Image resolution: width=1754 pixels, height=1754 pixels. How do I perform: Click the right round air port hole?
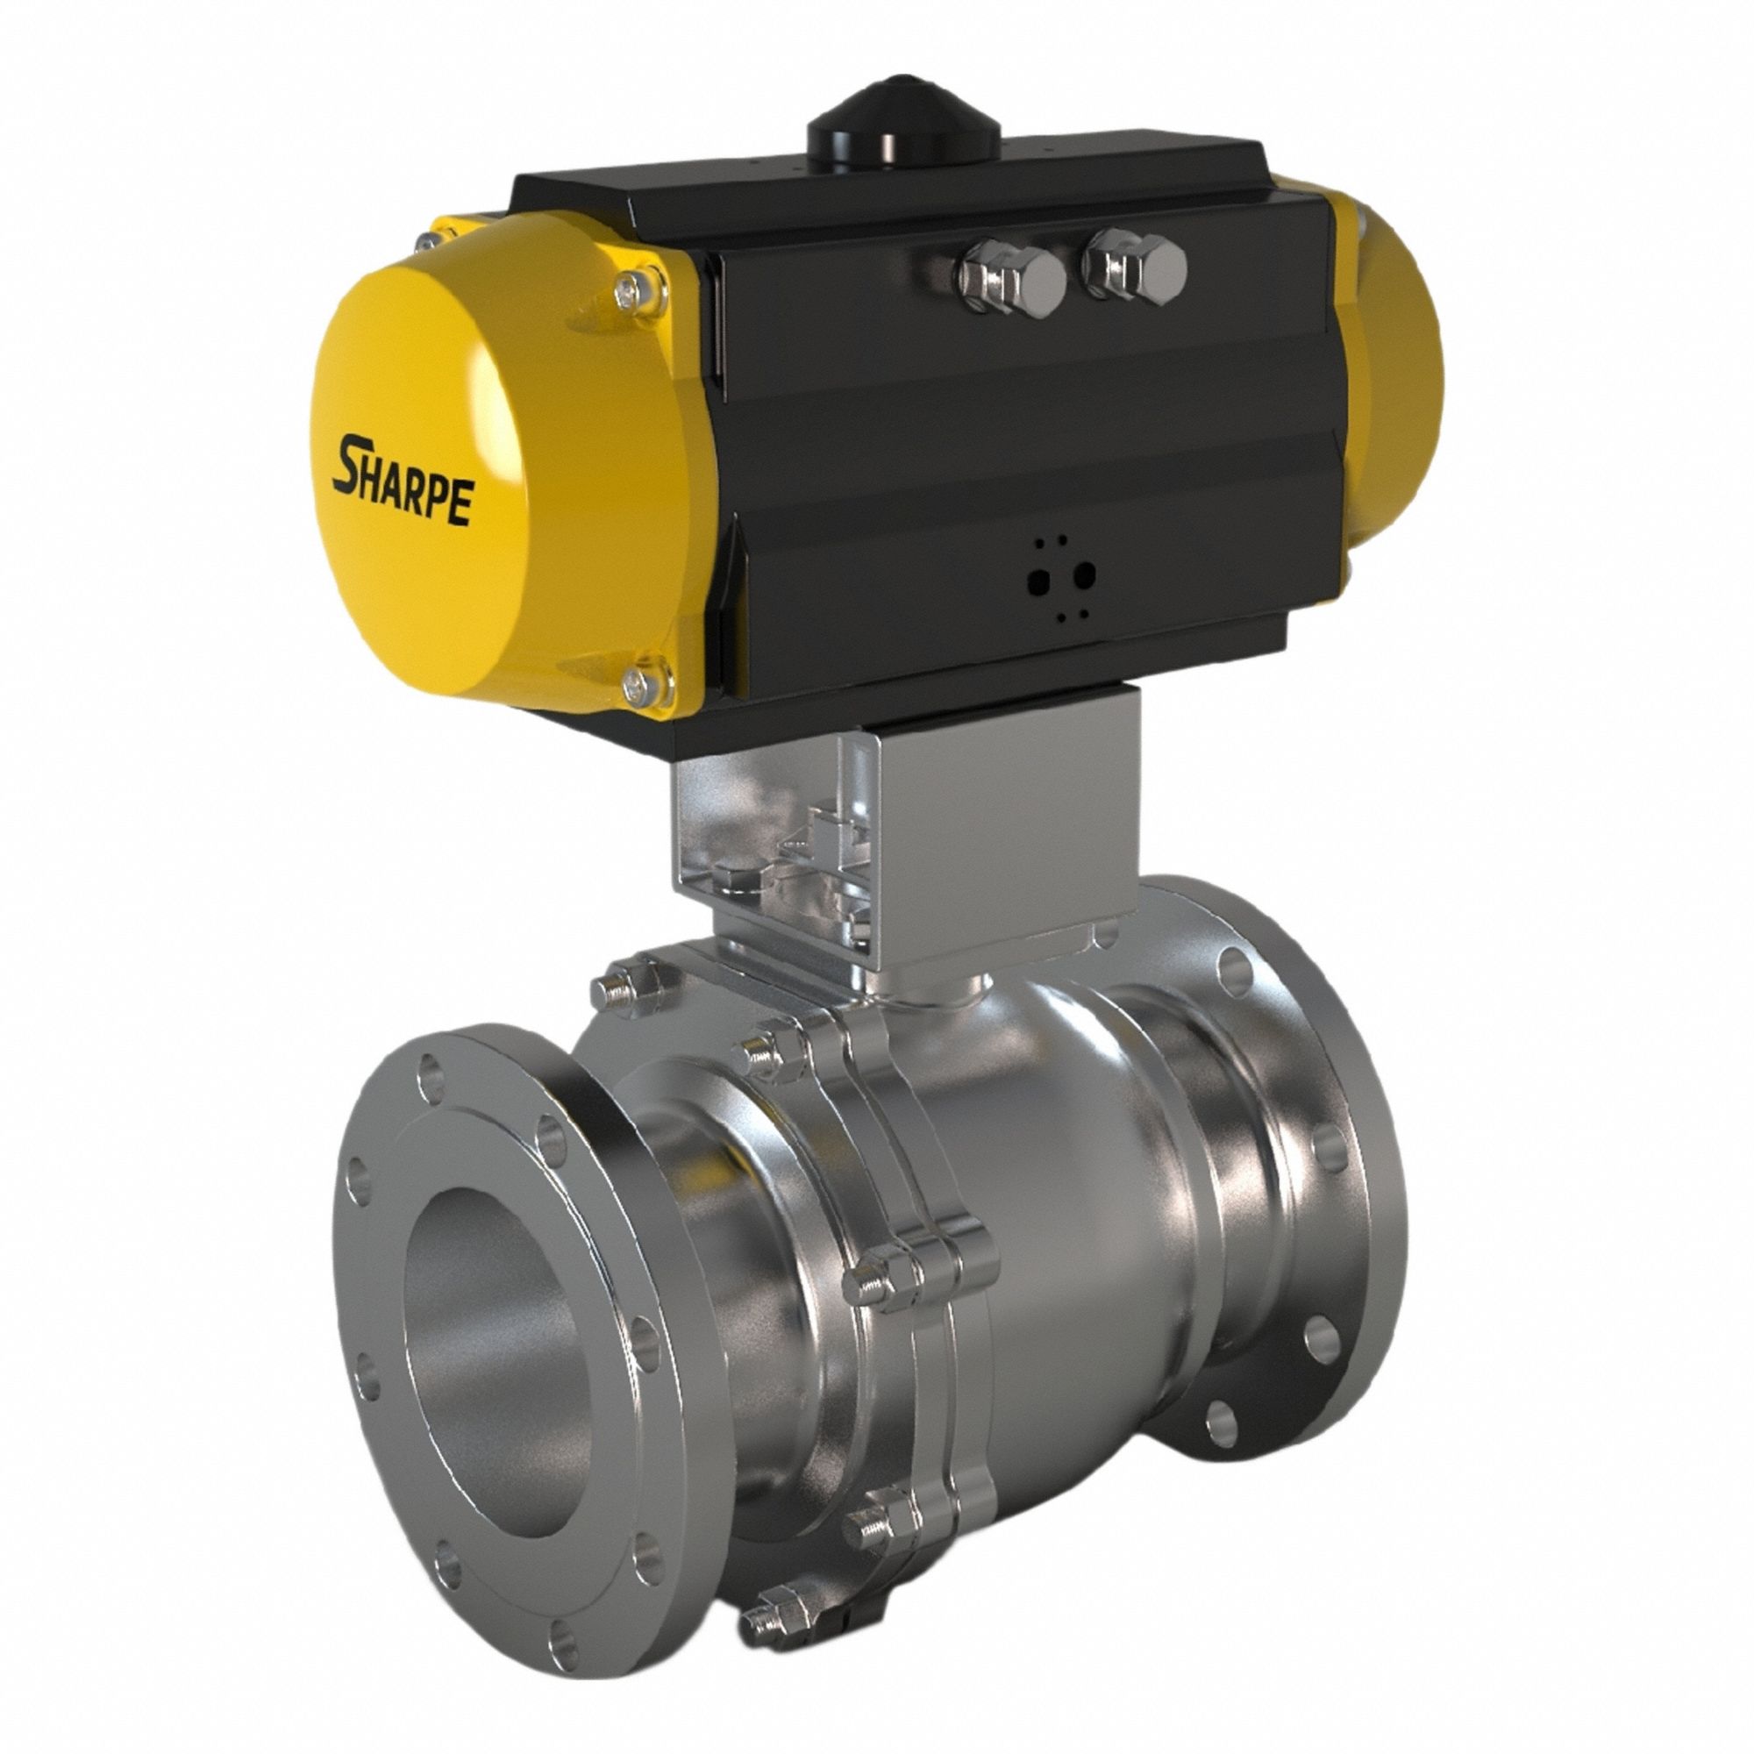point(1084,574)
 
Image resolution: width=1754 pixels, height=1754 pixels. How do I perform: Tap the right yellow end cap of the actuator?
point(1389,372)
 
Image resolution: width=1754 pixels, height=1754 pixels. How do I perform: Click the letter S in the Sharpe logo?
point(351,463)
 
